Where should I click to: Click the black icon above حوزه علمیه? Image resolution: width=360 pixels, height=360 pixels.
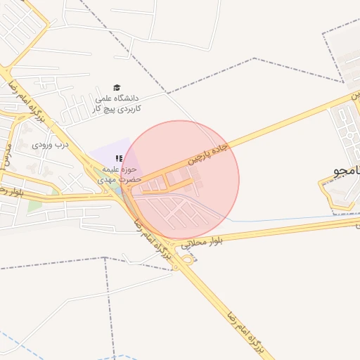click(x=119, y=159)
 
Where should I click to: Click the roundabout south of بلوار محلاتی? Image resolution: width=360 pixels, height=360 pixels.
click(x=188, y=260)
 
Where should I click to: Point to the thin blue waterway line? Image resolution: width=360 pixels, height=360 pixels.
click(x=281, y=219)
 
